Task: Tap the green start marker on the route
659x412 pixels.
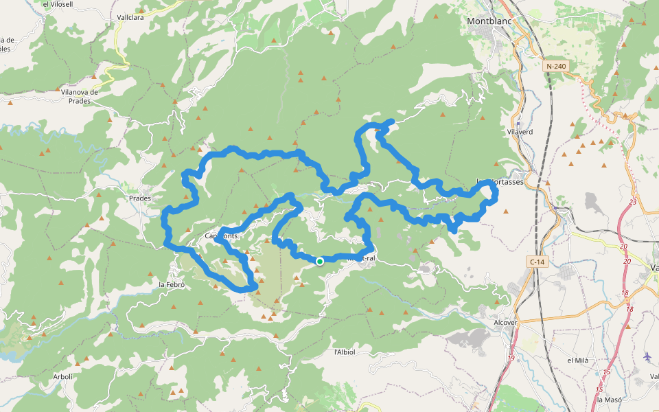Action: (320, 262)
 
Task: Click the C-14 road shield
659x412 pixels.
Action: (537, 262)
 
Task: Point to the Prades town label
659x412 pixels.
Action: (140, 198)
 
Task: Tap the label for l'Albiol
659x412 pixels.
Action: (344, 352)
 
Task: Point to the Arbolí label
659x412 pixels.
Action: (62, 377)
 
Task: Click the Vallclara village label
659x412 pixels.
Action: (130, 18)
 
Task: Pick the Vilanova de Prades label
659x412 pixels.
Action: (80, 96)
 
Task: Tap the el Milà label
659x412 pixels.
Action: (579, 360)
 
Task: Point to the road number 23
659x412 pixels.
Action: (632, 202)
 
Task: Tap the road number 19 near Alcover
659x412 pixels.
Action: (511, 358)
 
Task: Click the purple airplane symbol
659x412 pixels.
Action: (648, 356)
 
